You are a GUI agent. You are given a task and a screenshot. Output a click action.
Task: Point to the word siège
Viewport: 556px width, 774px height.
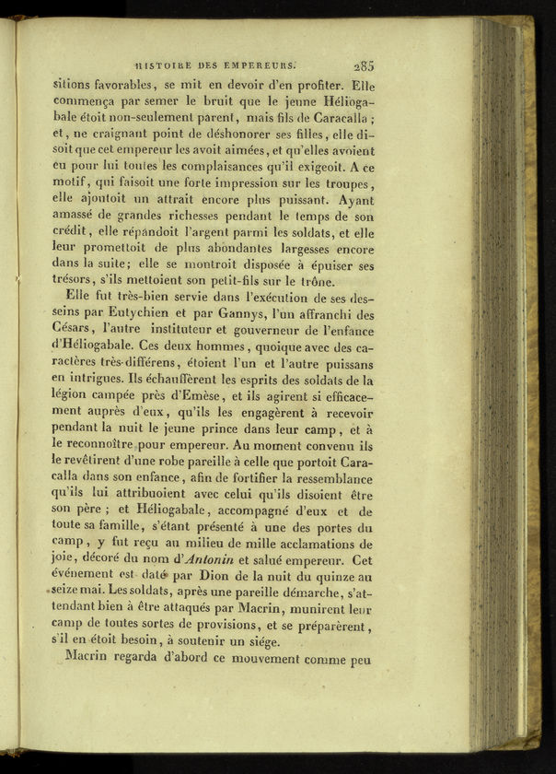click(x=261, y=643)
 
